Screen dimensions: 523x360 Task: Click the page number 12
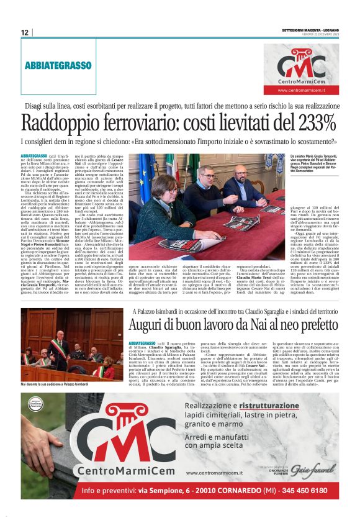24,32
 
